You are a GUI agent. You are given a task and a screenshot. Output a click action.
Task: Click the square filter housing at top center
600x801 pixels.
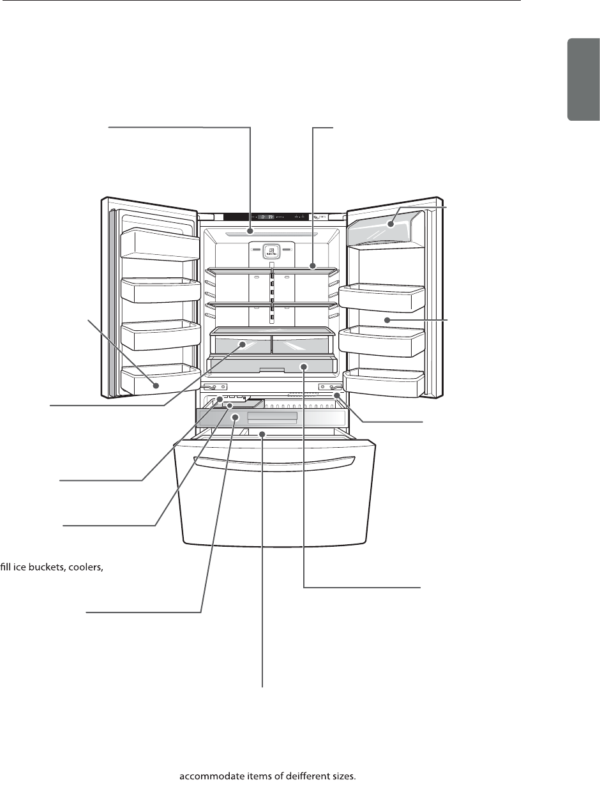271,251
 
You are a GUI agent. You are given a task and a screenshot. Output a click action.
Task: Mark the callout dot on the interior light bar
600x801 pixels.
251,231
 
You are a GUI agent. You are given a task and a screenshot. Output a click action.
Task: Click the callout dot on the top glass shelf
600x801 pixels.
314,266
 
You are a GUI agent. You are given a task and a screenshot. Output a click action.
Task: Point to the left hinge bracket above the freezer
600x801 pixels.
216,387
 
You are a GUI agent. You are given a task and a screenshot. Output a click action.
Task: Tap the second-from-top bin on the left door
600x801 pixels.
161,289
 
